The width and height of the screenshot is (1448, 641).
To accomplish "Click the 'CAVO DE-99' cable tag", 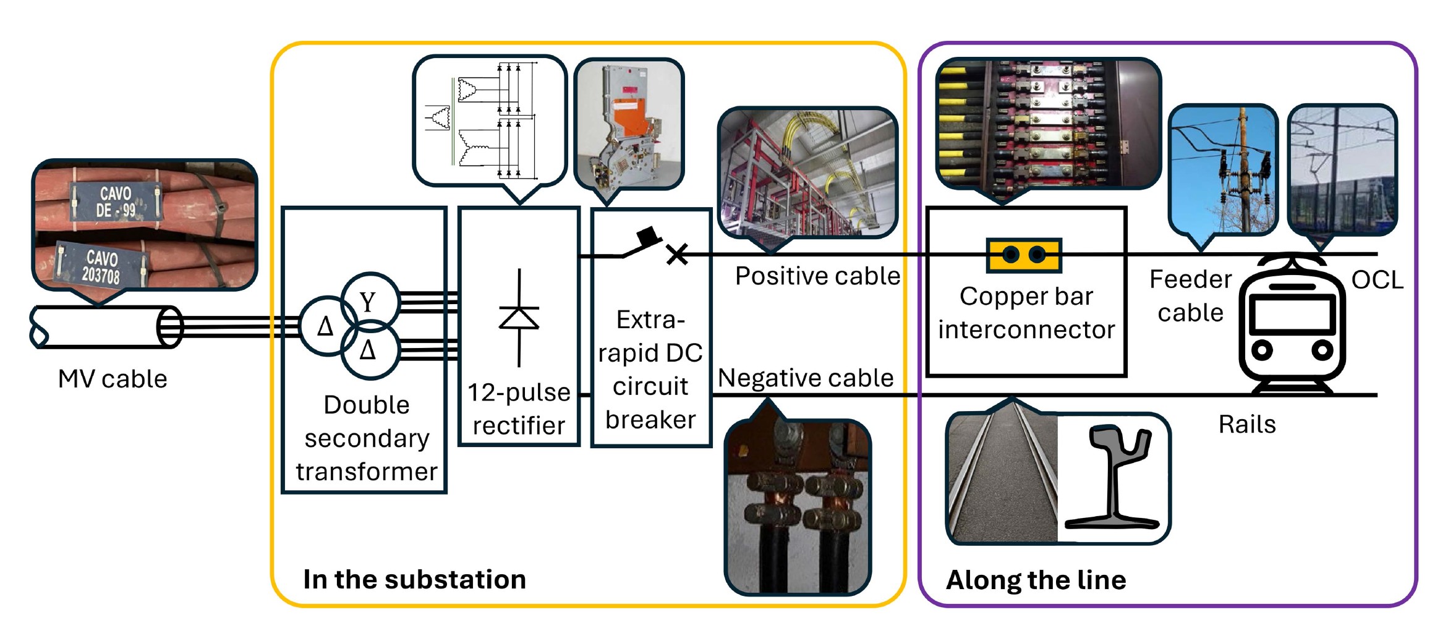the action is click(116, 202).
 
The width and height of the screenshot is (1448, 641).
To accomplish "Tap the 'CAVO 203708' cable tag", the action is click(101, 265).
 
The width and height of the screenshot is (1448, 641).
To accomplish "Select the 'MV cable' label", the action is click(113, 379).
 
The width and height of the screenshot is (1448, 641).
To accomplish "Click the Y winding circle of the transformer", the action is click(370, 302).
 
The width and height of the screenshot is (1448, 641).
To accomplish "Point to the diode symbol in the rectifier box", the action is click(519, 318).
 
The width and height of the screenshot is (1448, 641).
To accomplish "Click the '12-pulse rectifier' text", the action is click(519, 409).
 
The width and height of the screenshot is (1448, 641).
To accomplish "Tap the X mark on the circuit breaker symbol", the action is click(677, 254).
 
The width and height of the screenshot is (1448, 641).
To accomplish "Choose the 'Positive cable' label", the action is click(817, 276).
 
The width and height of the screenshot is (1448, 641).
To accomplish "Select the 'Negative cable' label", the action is click(806, 378).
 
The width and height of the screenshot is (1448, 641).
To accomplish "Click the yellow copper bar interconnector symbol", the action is click(1024, 255).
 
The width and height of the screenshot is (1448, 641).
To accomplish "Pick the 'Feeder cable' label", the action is click(1191, 296).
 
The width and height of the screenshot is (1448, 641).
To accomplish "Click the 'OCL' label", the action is click(1378, 280).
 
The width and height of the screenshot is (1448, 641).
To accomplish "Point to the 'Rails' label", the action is click(1247, 425).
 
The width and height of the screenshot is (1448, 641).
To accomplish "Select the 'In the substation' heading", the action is click(414, 580).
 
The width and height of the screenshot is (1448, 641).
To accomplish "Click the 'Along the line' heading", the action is click(1036, 580).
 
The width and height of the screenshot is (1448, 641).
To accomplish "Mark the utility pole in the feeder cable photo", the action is click(1243, 169).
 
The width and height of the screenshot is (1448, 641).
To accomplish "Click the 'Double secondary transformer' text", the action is click(367, 438).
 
